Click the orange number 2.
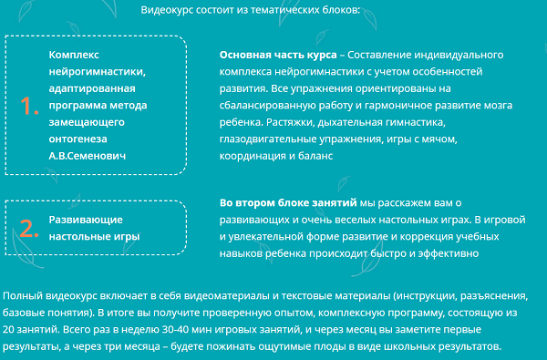[30, 228]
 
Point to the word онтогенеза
[78, 139]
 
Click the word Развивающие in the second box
[83, 220]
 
